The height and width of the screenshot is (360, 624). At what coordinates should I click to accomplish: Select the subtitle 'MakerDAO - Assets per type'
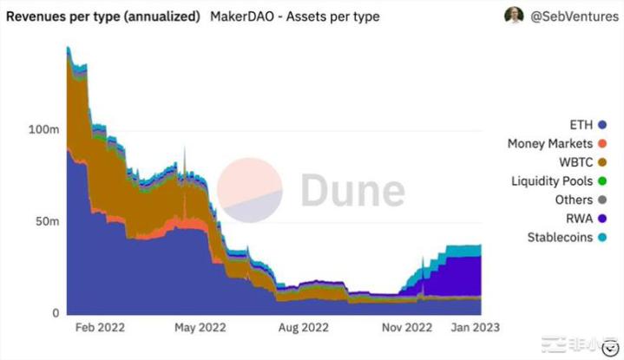point(294,16)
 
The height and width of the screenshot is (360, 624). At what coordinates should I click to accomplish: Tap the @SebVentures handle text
point(573,16)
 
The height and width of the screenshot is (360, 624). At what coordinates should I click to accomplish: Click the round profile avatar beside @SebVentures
point(516,16)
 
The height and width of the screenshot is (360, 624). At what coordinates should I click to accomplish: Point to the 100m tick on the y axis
point(43,129)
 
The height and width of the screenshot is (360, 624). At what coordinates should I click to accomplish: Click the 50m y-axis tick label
point(47,221)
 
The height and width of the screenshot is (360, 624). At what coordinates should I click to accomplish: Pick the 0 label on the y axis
point(55,312)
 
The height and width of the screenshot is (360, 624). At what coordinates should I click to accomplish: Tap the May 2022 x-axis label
point(200,327)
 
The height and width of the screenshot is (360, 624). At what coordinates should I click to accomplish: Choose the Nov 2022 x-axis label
point(406,327)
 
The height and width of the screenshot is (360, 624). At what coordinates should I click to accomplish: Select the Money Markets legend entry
point(555,143)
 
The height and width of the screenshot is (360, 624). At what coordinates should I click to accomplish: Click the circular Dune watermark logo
point(249,191)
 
